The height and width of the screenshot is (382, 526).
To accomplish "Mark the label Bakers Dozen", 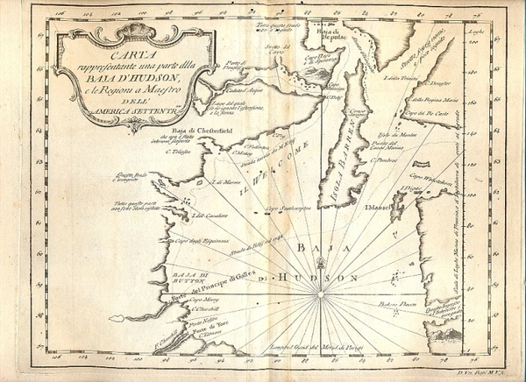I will [396, 303].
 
